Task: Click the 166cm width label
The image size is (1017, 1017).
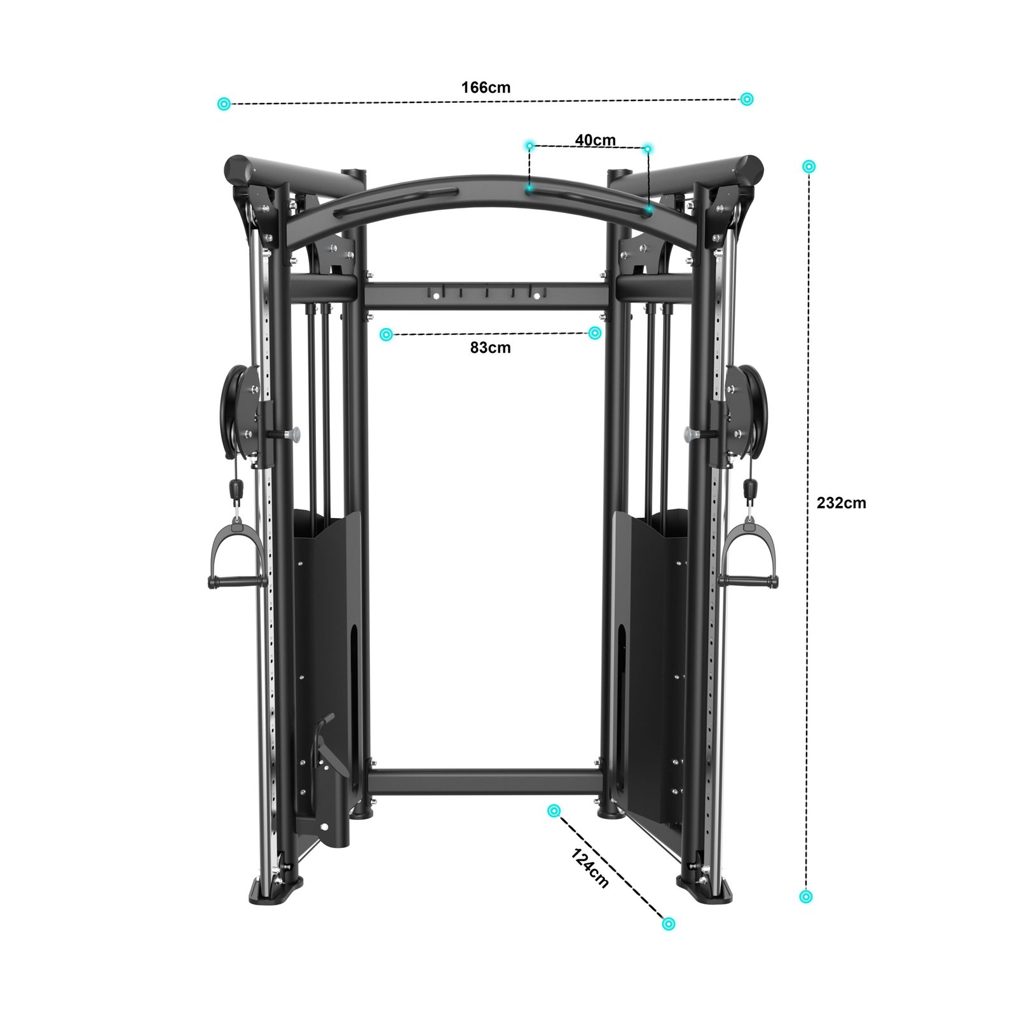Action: coord(486,87)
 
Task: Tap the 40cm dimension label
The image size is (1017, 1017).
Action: coord(595,140)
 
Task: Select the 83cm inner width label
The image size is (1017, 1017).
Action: coord(490,348)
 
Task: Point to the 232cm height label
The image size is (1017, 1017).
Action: coord(841,503)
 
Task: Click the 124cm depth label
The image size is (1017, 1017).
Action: coord(590,868)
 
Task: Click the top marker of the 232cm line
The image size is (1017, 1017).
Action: coord(809,167)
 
